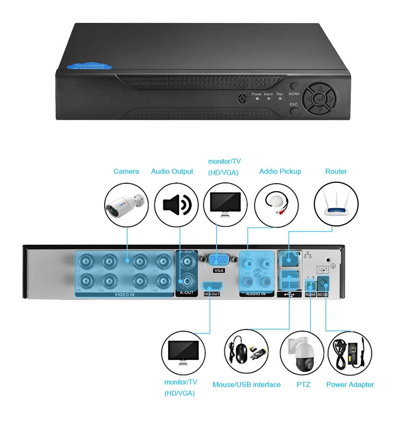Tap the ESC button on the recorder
tap(294, 111)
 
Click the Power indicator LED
tap(257, 100)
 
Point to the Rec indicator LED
tap(280, 100)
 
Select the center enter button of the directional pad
tap(319, 100)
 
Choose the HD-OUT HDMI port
tap(212, 286)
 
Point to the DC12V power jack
tap(323, 285)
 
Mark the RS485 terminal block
tap(310, 286)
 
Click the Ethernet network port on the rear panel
tap(288, 259)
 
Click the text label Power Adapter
tap(350, 385)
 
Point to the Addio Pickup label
tap(280, 172)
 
